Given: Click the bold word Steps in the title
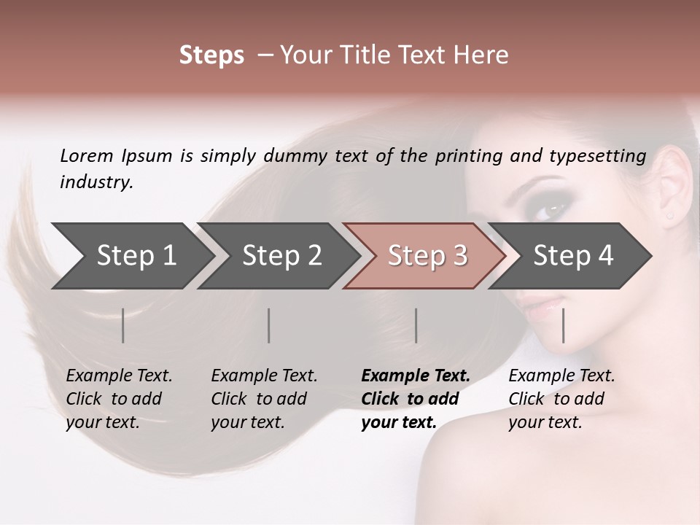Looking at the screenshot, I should click(211, 55).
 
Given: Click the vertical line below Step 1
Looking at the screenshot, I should click(123, 325).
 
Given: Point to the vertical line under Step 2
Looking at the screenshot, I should click(269, 325).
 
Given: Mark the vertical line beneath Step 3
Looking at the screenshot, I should click(416, 325).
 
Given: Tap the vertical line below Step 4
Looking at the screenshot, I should click(564, 325).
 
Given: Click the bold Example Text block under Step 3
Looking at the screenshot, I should click(416, 399).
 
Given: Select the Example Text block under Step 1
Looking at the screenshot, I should click(119, 399).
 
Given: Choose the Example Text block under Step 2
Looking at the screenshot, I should click(264, 399).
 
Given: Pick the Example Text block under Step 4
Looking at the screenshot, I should click(561, 399).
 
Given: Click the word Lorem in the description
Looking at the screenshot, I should click(87, 155).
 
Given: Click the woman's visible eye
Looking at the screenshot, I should click(551, 210).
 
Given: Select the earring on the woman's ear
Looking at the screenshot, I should click(669, 216).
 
